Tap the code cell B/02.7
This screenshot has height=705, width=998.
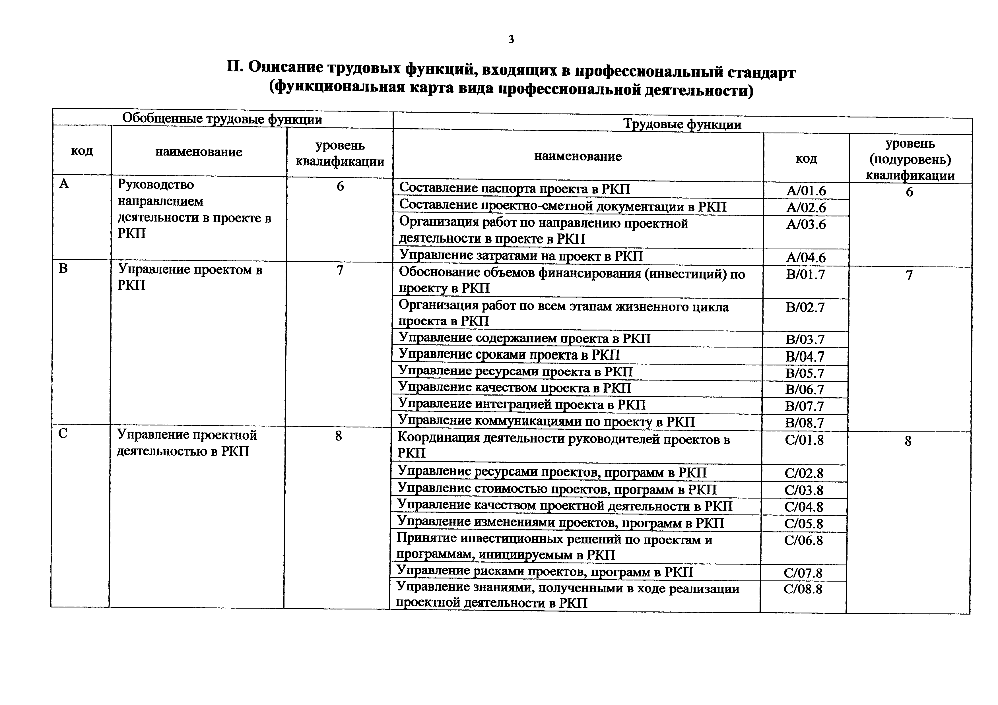pos(805,307)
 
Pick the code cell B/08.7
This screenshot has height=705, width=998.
pos(805,423)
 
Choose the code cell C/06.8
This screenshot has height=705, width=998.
pos(803,540)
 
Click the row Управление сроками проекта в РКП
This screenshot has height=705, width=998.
pos(509,355)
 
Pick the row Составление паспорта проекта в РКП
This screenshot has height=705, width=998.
pos(514,189)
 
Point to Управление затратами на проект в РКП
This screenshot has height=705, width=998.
pos(521,256)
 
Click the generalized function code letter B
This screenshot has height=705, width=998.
pos(63,268)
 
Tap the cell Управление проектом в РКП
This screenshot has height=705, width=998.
pos(190,277)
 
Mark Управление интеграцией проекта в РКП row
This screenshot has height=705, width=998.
pos(521,405)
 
